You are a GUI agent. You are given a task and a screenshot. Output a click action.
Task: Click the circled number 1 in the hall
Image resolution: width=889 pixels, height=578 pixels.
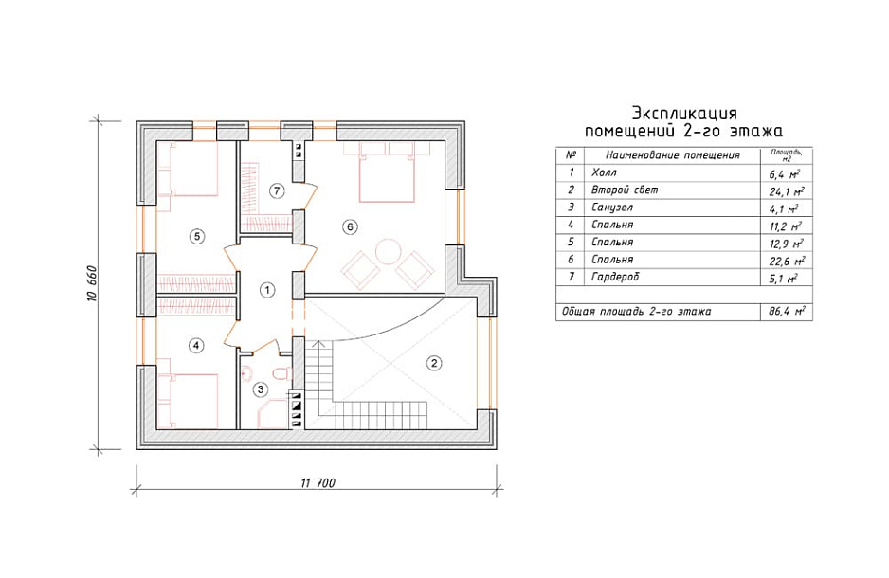coord(267,290)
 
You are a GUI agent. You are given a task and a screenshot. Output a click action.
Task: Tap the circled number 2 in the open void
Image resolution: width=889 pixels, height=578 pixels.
coord(434,363)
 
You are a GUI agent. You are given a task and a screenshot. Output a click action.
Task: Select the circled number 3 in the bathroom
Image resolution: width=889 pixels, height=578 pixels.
coord(261,389)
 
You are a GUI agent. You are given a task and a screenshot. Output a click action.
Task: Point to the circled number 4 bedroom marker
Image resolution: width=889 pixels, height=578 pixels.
coord(196,345)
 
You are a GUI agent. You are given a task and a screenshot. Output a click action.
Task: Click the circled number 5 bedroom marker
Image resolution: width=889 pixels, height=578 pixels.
coord(197,236)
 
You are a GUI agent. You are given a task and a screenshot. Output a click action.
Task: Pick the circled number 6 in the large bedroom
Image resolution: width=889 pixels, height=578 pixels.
coord(350,227)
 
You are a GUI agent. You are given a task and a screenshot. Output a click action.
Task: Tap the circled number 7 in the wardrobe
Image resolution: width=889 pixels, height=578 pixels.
coord(276,191)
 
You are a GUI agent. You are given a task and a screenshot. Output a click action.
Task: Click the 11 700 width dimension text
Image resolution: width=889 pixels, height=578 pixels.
coord(317,483)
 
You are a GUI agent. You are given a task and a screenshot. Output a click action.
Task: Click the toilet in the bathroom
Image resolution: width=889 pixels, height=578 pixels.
coord(281,373)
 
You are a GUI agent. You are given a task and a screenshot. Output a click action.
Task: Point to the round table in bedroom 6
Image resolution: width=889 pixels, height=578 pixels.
coord(389,251)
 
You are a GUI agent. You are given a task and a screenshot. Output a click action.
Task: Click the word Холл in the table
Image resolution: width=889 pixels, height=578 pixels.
coord(603,172)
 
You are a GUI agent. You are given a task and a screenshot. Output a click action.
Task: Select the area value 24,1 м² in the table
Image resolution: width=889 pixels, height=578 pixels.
coord(786,191)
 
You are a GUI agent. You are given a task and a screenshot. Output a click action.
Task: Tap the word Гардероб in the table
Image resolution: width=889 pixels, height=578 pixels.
coord(614,277)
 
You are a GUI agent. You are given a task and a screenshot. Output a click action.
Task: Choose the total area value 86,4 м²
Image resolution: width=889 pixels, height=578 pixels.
coord(787,311)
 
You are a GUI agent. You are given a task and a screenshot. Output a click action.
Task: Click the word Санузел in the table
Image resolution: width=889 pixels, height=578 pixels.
coord(611,208)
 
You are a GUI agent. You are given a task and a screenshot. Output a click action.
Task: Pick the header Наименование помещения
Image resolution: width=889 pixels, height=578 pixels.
coord(672,154)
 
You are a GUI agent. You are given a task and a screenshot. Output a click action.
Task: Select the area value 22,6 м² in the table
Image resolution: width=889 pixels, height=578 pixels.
coord(787,262)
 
